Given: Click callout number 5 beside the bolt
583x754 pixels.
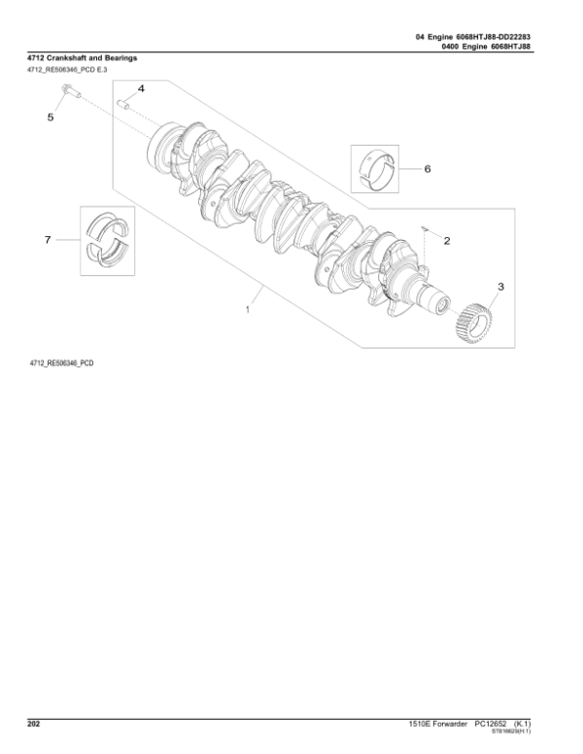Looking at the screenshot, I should [x=51, y=117].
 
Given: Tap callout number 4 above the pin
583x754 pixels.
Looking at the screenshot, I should [x=141, y=88].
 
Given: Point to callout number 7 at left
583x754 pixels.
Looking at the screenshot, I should [x=46, y=238].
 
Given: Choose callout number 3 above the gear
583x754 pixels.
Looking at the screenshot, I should [x=500, y=287].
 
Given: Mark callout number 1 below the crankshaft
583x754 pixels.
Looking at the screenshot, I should [x=249, y=310].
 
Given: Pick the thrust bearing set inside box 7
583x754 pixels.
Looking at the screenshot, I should [x=108, y=237].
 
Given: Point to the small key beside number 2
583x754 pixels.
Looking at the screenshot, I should [x=426, y=229].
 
